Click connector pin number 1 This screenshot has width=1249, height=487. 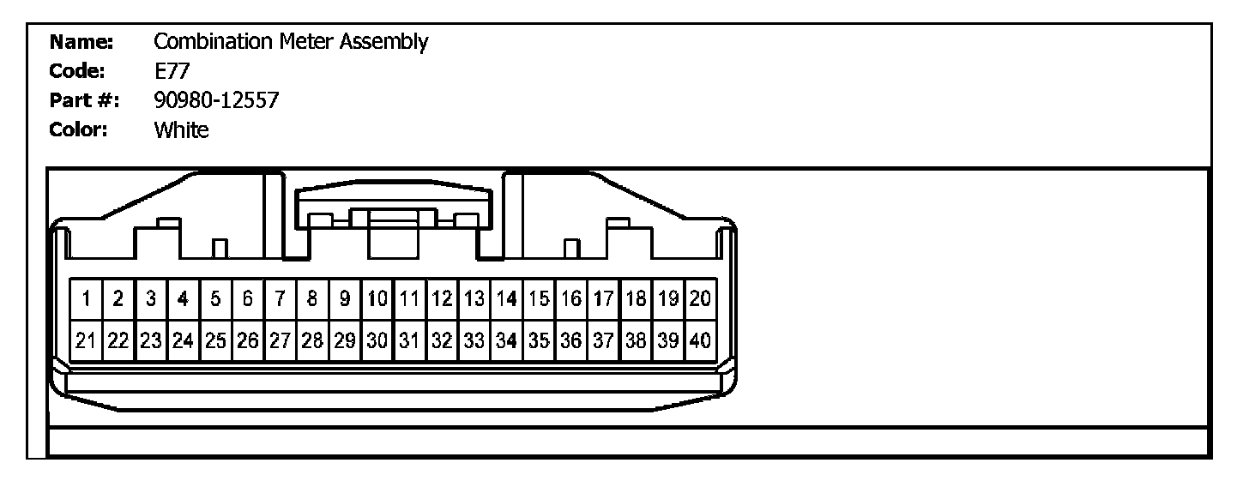(87, 299)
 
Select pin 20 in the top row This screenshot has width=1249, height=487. (700, 299)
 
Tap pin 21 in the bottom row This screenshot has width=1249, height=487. (87, 340)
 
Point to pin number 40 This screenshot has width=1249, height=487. (700, 340)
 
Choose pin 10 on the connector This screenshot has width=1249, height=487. (377, 299)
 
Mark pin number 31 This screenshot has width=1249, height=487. (410, 340)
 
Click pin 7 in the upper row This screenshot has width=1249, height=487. (281, 299)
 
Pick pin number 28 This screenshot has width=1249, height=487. (313, 340)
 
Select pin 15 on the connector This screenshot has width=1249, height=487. (539, 299)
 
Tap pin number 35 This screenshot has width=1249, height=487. (539, 340)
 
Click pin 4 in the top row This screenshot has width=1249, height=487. (183, 299)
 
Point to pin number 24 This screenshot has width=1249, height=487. (183, 340)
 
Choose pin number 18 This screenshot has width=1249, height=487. (636, 299)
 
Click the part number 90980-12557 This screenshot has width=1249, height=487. (216, 101)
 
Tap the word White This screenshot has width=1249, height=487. (181, 131)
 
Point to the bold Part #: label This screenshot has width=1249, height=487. (83, 101)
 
